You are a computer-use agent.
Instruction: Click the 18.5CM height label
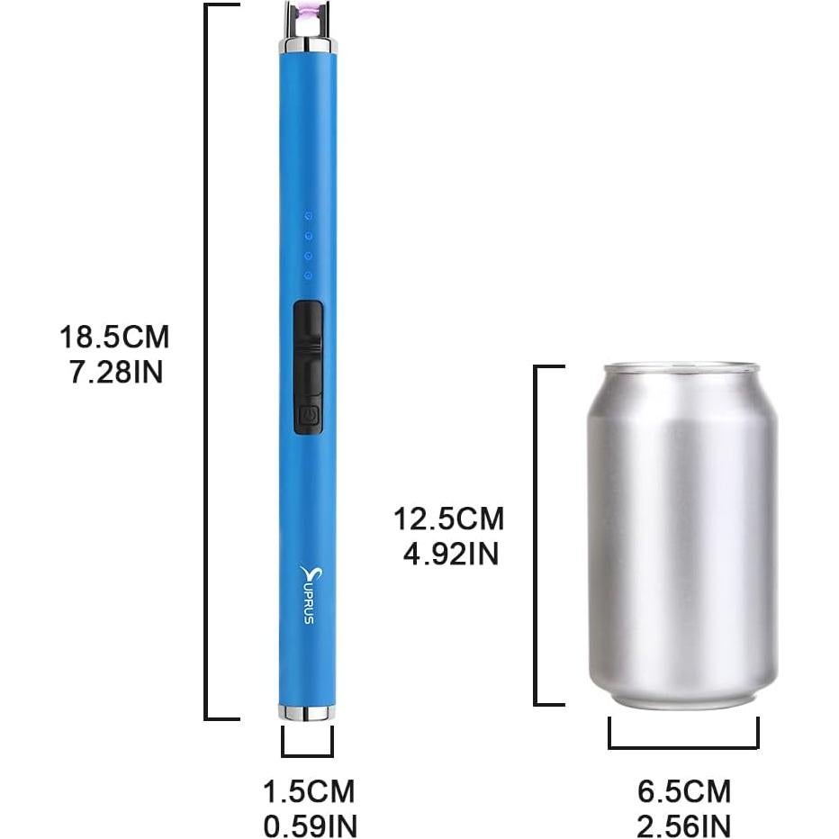pos(114,338)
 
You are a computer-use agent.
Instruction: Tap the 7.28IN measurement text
pos(116,372)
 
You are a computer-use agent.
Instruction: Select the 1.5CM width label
pos(308,792)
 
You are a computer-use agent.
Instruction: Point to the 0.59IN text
pos(308,825)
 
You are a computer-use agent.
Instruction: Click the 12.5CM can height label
pos(449,519)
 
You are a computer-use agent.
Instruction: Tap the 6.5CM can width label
pos(684,792)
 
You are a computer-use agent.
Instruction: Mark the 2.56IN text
pos(684,825)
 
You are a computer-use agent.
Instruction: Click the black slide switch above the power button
pos(308,347)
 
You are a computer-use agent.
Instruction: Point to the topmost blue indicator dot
pos(308,217)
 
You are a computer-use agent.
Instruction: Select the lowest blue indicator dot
pos(308,275)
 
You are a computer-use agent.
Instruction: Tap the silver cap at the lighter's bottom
pos(307,713)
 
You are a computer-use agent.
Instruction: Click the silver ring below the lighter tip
pos(308,45)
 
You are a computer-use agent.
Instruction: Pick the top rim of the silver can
pos(681,368)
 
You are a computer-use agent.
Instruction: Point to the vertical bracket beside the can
pos(538,535)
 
